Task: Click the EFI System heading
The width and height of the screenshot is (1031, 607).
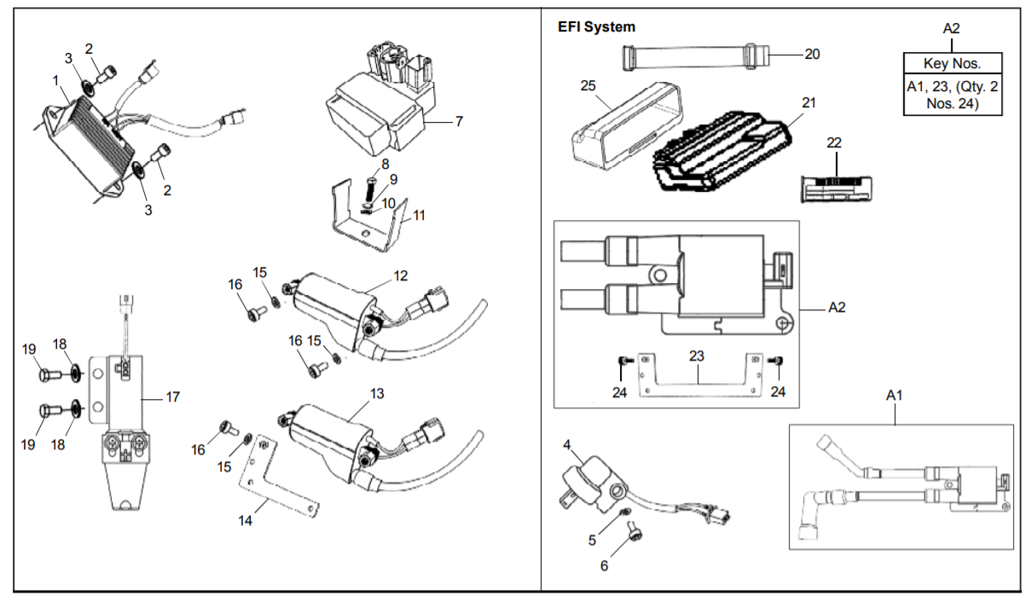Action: [596, 26]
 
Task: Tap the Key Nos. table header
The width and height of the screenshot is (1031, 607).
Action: [953, 63]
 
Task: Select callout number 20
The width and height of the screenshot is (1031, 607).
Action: [812, 55]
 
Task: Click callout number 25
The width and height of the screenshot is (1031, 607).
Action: [588, 85]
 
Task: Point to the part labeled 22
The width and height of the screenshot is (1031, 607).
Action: [836, 189]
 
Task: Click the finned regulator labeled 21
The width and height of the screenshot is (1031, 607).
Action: [722, 152]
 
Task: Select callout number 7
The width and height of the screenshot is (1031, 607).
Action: [459, 122]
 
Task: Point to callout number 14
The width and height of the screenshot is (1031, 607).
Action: [245, 521]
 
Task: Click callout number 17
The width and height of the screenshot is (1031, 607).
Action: [172, 397]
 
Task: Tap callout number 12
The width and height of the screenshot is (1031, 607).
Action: [401, 275]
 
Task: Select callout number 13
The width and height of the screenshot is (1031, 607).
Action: [377, 394]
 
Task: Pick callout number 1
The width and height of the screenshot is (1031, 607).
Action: [55, 81]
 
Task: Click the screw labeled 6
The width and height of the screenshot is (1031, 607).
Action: [634, 534]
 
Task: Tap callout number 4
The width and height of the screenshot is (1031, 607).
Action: [566, 445]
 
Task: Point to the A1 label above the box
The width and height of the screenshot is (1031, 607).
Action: [895, 396]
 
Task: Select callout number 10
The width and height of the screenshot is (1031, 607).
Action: [389, 204]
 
